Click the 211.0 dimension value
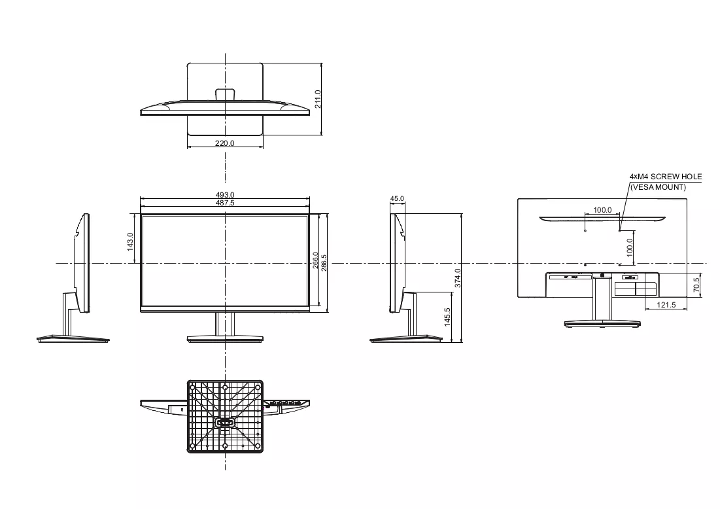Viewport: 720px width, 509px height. tap(318, 99)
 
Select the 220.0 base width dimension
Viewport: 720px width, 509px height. tap(225, 143)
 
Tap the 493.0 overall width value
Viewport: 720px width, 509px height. tap(225, 195)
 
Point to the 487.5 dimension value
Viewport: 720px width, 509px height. tap(225, 203)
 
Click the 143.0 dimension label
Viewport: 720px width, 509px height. tap(130, 241)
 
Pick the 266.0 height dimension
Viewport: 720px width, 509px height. tap(315, 260)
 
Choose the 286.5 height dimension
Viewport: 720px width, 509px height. tap(324, 263)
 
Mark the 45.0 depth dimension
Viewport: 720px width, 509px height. tap(397, 199)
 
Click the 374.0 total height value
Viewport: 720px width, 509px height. tap(458, 278)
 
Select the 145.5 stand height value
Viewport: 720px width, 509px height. tap(447, 317)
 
